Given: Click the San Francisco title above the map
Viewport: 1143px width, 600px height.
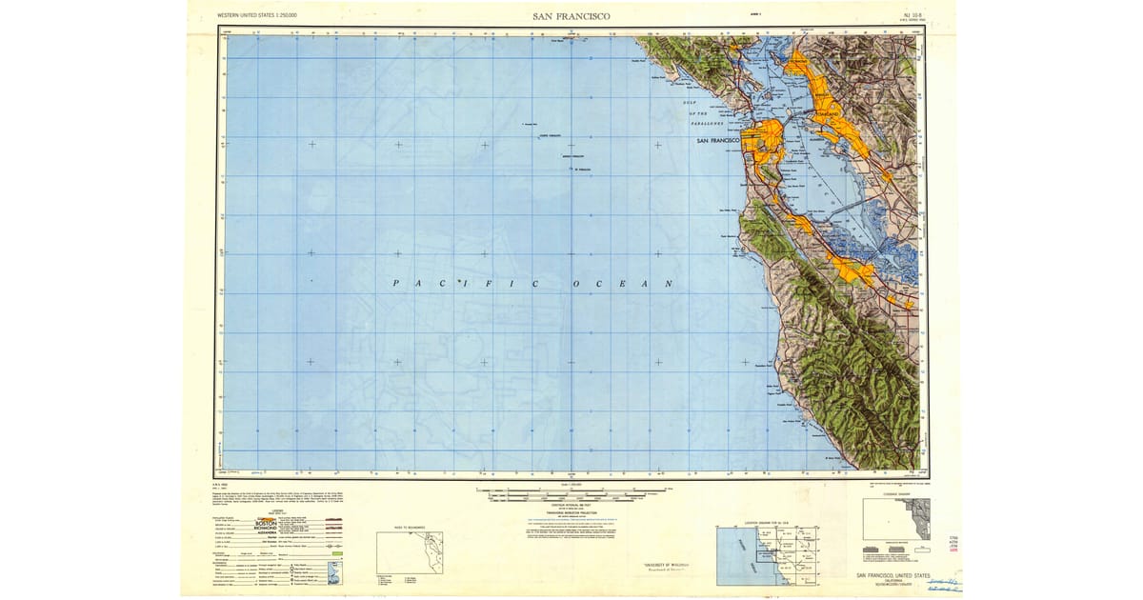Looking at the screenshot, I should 571,16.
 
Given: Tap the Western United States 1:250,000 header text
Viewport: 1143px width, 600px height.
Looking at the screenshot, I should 257,16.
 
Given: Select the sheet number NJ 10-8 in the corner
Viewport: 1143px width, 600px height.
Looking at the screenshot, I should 892,15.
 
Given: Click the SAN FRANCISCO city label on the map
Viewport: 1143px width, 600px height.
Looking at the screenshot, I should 718,141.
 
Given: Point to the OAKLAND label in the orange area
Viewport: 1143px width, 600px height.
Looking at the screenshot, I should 826,113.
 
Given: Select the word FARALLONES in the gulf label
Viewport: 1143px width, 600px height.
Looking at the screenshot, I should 707,123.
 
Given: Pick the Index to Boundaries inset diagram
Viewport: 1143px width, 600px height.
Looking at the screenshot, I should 410,552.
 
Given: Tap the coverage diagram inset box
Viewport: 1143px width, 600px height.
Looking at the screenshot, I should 896,519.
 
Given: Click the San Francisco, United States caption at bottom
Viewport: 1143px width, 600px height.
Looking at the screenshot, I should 893,576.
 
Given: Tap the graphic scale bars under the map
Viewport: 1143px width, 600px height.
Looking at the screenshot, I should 571,495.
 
